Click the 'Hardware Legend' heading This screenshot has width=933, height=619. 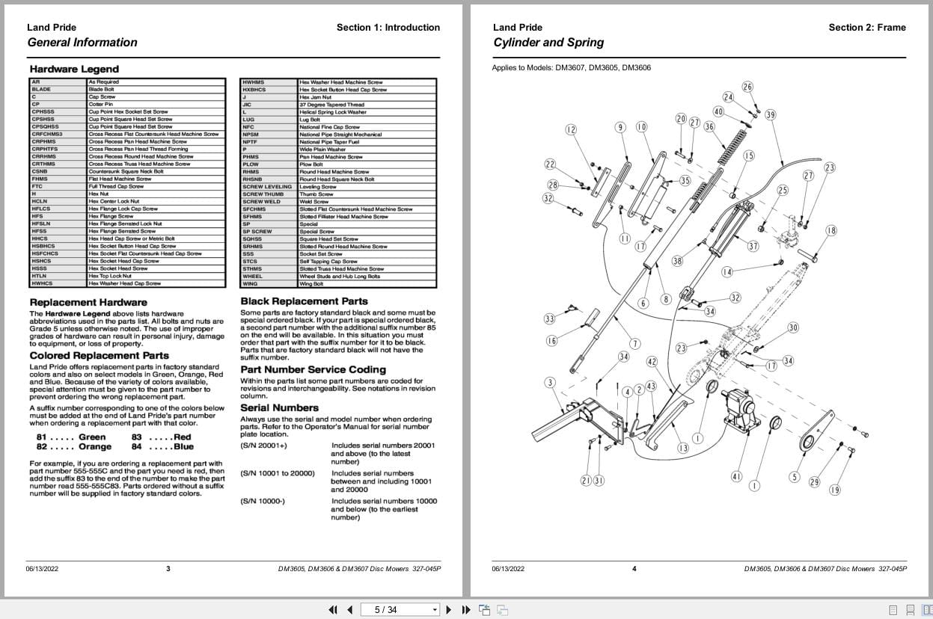point(74,69)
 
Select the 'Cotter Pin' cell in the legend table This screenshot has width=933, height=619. point(101,104)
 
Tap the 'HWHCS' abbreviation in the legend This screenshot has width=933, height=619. point(42,283)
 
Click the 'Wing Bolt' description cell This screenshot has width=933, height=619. point(311,283)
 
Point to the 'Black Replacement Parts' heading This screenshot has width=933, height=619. point(304,301)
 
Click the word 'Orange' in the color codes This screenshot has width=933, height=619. point(95,447)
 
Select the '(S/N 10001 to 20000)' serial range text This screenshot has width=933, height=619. point(278,473)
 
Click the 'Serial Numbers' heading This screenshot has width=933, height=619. point(279,407)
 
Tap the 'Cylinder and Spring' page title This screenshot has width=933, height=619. point(548,43)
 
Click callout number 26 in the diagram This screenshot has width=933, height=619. point(747,87)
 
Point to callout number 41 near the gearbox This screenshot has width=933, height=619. point(736,477)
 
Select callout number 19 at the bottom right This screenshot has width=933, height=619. point(834,490)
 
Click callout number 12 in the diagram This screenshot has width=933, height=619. point(571,129)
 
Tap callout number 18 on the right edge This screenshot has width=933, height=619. point(830,230)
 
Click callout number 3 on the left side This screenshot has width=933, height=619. point(550,383)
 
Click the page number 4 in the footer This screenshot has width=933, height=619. point(634,569)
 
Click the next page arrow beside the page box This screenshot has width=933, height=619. point(449,609)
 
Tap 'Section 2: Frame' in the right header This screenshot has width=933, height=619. point(866,28)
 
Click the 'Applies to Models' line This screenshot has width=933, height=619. point(571,67)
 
